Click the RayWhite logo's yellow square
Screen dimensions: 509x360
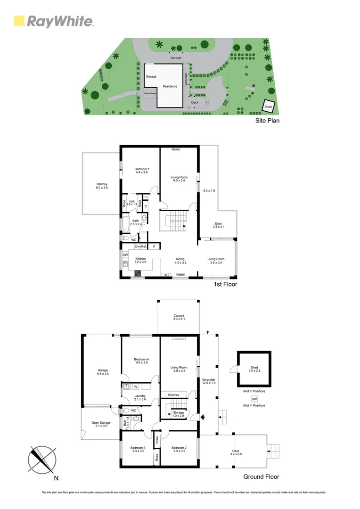coord(19,21)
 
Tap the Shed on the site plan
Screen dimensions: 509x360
coord(268,107)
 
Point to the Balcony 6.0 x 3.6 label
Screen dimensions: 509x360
coord(102,186)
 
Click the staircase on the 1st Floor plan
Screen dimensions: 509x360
coord(173,222)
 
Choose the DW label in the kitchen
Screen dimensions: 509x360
coord(125,255)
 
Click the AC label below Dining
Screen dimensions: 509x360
coord(166,275)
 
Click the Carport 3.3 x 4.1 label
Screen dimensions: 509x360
coord(178,318)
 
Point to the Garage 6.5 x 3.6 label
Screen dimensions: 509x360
coord(103,372)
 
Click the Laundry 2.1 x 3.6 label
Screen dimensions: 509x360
coord(140,398)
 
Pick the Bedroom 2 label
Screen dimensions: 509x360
coord(179,450)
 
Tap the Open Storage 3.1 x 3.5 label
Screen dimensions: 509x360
coord(101,425)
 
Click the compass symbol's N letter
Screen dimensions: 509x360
coord(57,478)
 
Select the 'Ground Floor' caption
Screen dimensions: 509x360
coord(261,476)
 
